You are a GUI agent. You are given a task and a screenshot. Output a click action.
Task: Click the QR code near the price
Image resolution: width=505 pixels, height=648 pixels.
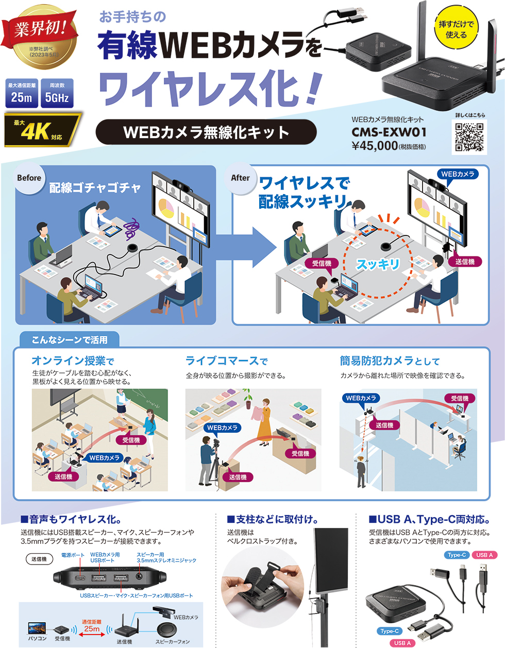468,137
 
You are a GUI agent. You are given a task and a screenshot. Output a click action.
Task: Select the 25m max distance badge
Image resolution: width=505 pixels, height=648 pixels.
22,93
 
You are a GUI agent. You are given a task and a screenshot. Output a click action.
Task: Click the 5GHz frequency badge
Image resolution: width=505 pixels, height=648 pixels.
57,93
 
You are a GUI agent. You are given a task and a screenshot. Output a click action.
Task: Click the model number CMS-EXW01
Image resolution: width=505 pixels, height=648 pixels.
389,132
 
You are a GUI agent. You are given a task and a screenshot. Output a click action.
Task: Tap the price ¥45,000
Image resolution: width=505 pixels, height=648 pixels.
375,146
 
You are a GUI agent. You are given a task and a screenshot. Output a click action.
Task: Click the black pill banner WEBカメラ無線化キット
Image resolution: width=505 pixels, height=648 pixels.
206,132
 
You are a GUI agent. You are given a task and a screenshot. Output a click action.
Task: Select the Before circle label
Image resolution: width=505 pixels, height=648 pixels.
29,178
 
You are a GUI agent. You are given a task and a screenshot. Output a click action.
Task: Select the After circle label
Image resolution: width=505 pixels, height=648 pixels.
241,178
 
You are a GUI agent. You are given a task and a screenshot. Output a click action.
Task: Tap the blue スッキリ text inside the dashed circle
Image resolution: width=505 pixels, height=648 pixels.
378,264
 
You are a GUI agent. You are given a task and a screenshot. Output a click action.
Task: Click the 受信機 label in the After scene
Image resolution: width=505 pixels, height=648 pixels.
322,263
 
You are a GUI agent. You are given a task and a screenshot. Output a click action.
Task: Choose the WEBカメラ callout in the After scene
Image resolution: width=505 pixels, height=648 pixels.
458,174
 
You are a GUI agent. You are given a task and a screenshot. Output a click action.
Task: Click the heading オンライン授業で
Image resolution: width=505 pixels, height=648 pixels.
73,361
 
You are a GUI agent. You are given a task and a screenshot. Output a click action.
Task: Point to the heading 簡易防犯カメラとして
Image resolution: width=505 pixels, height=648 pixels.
390,361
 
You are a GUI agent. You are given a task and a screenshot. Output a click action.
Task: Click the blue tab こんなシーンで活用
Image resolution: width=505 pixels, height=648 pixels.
70,340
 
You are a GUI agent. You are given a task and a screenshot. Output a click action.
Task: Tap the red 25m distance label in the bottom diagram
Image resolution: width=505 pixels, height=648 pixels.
92,628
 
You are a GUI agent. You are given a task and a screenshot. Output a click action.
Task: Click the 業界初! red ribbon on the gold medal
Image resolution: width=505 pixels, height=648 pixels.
40,28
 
